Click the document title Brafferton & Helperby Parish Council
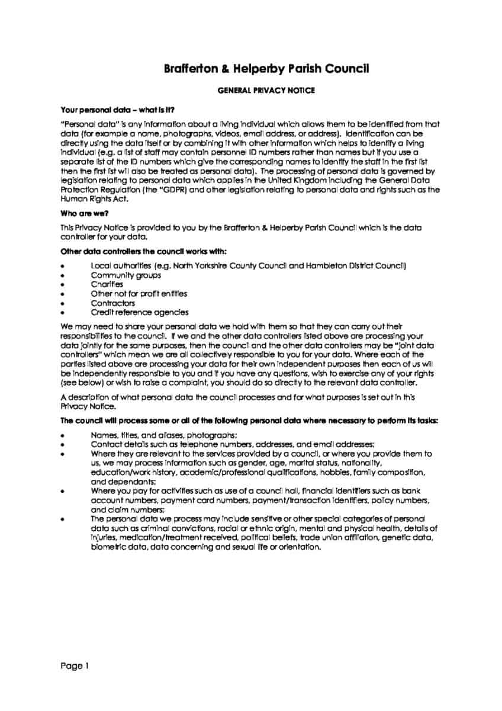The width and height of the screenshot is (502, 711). [x=266, y=69]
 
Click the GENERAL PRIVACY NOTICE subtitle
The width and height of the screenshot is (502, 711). [x=266, y=91]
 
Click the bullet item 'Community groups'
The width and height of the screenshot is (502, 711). [x=127, y=275]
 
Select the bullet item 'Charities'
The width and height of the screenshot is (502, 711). [x=107, y=284]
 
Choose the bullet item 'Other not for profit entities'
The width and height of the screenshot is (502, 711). [x=139, y=293]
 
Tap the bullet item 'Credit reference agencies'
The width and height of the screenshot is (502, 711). [x=140, y=312]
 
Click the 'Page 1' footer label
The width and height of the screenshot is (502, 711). [x=75, y=666]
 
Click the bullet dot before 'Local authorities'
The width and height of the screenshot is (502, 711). [x=63, y=267]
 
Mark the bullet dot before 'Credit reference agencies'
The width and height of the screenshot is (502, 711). [x=63, y=313]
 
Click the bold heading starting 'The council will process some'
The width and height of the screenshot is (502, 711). [x=249, y=420]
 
